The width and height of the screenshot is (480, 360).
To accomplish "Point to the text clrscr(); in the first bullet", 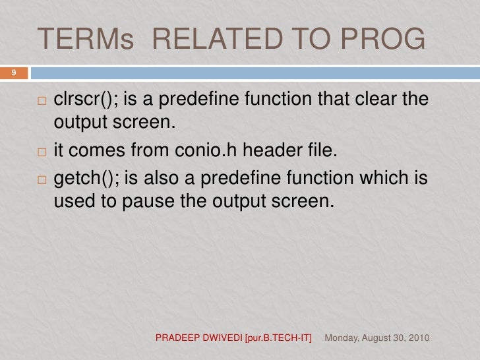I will [x=84, y=100].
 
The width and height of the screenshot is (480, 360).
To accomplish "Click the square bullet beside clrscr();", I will [x=42, y=102].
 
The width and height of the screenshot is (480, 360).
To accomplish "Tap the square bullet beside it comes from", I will [x=42, y=152].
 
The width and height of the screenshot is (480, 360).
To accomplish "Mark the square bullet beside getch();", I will [x=42, y=181].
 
